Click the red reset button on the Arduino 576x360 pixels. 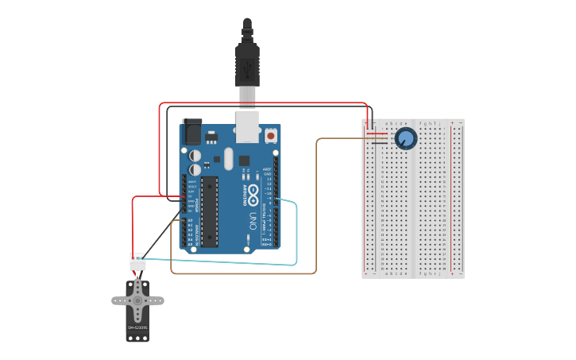pos(271,136)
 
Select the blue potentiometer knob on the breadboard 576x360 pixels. pos(405,138)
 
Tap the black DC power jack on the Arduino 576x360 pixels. pos(191,131)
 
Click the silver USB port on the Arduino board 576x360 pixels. pos(248,126)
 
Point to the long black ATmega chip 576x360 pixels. pos(210,211)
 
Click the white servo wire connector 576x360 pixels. pos(137,261)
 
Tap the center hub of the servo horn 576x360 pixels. pos(137,300)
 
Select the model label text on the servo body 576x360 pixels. pos(137,327)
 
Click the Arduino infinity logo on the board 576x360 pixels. pos(253,192)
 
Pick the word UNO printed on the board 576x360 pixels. pos(253,218)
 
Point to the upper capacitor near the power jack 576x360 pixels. pos(195,155)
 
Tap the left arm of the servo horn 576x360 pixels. pos(119,300)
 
